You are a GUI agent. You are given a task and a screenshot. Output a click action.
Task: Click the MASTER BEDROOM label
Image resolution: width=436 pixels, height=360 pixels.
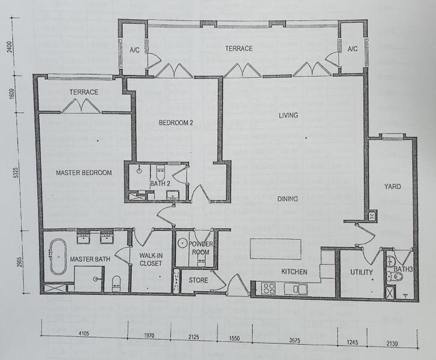coord(84,173)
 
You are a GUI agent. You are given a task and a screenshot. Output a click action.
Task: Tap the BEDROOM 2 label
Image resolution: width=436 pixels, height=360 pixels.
coord(176,122)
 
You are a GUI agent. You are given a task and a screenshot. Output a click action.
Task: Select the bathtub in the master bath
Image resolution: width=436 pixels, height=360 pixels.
coord(58,257)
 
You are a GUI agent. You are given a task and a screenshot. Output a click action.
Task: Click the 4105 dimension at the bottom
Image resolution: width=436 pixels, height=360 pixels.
coord(83,333)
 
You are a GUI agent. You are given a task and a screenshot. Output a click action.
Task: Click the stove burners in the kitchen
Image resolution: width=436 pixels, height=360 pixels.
coord(269,288)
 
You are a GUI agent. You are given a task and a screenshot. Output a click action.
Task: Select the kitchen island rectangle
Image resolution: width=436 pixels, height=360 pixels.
coord(275,249)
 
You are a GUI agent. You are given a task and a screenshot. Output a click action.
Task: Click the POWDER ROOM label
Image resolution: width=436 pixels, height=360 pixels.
coord(201,248)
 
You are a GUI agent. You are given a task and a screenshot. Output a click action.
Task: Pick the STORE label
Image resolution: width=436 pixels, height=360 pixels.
coord(199,280)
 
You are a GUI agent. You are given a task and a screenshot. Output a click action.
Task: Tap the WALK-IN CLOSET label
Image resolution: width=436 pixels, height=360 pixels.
coord(151,259)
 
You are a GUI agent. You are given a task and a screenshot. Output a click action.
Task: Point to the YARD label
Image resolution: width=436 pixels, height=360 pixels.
coord(393,187)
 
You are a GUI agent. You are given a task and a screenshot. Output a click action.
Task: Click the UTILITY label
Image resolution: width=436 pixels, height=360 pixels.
coord(361,272)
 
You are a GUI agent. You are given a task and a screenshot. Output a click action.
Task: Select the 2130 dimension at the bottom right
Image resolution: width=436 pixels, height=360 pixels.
coord(392,344)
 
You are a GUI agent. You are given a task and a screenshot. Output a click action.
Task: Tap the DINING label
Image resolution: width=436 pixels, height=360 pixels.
coord(288,199)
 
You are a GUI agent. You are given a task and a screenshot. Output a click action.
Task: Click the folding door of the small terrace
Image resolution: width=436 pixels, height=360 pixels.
coord(81,106)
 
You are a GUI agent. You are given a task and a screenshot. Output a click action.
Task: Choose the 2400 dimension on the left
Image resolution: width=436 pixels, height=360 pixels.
coord(10,47)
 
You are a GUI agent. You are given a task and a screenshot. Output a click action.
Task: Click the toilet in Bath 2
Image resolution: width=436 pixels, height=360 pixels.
coord(160,173)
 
